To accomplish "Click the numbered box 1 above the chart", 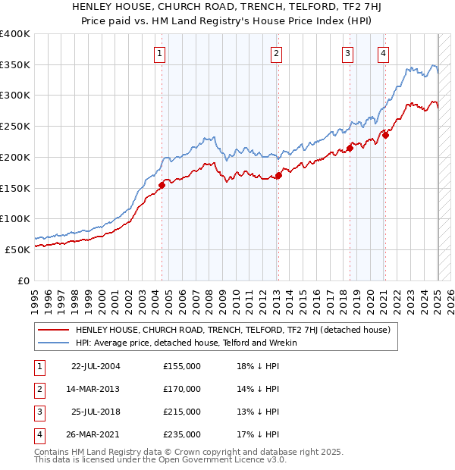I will click(x=161, y=53).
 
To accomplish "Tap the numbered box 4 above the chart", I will click(x=384, y=53).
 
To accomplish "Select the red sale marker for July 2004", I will click(x=162, y=184).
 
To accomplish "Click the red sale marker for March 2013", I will click(x=278, y=175).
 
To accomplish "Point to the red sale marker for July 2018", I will click(x=350, y=148).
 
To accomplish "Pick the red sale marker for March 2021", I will click(x=385, y=135).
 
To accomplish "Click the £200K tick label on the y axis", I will click(x=15, y=157).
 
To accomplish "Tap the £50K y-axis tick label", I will click(x=18, y=249).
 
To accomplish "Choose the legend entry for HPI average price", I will click(x=186, y=343).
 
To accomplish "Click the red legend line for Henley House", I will click(x=53, y=330).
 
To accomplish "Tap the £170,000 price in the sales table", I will click(x=182, y=389).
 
